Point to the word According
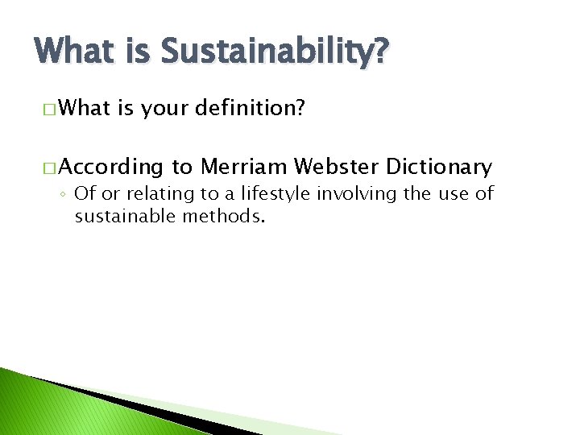110,168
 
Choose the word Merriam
243,167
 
